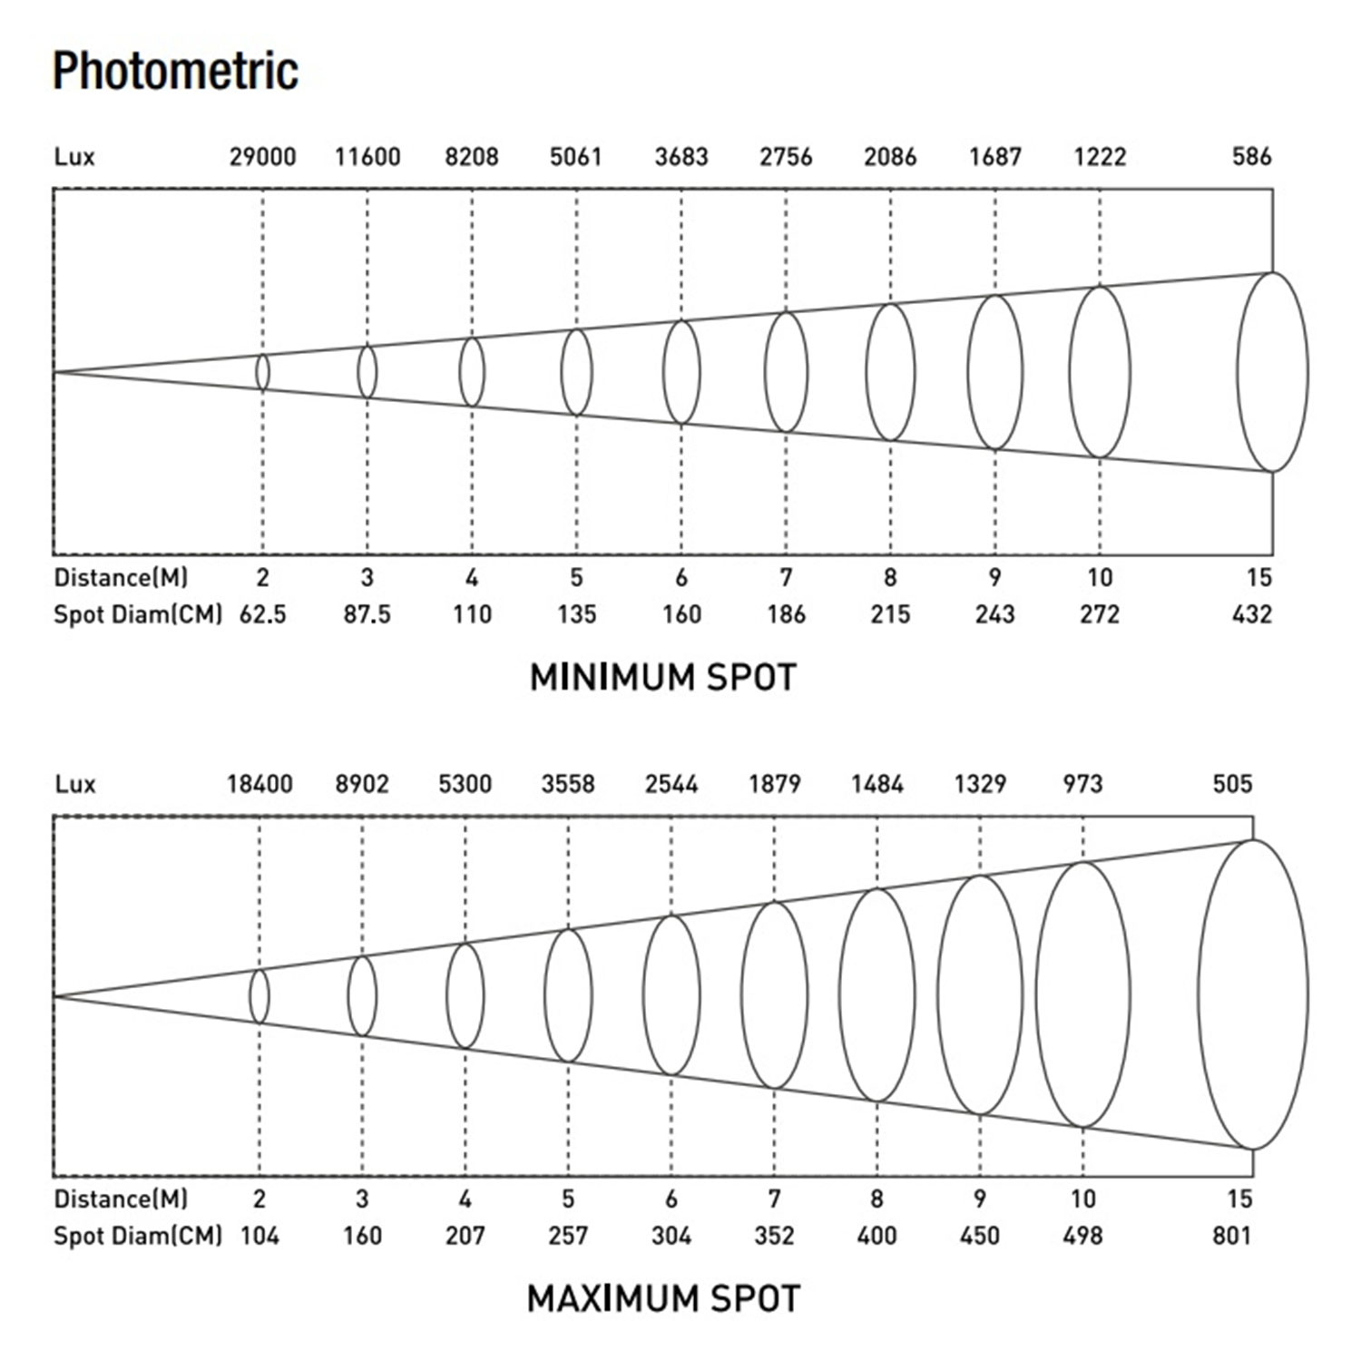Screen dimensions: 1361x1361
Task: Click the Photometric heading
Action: click(175, 71)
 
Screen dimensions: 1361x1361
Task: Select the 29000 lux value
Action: click(262, 157)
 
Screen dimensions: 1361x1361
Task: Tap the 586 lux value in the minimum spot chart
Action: click(1251, 157)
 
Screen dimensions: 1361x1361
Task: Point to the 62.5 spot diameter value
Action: click(262, 614)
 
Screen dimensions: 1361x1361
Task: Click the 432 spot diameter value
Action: click(1251, 614)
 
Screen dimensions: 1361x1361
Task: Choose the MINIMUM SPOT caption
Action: click(662, 678)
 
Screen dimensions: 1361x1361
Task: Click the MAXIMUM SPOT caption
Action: click(663, 1298)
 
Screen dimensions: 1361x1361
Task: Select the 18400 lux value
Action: click(259, 784)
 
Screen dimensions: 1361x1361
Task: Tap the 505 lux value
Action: click(1232, 784)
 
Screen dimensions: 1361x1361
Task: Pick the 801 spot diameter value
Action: click(1231, 1236)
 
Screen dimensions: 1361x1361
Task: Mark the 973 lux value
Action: click(1082, 784)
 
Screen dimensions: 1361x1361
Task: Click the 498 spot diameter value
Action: click(1082, 1236)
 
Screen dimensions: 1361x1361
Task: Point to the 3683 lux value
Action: click(681, 157)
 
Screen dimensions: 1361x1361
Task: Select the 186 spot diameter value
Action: click(786, 614)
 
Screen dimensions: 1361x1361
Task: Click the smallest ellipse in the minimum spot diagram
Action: click(262, 372)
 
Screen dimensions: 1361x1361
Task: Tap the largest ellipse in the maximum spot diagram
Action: click(1253, 994)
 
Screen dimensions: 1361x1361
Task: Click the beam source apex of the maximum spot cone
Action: click(54, 995)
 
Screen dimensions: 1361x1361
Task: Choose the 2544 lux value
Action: click(671, 784)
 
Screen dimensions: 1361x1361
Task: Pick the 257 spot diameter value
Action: click(568, 1236)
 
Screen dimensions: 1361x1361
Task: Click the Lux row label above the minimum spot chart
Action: click(74, 157)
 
